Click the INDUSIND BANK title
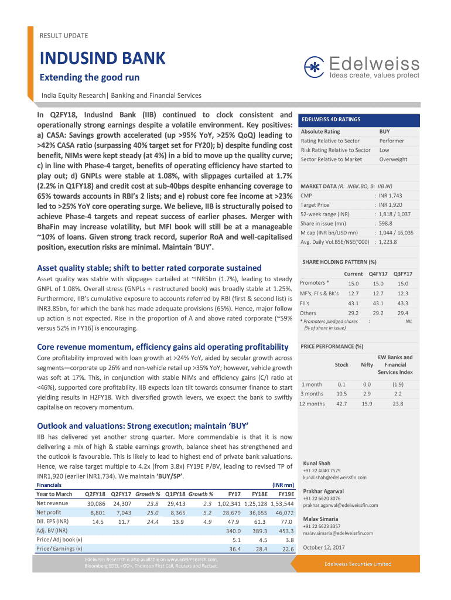click(102, 59)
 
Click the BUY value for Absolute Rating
click(384, 132)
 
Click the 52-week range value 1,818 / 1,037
click(394, 214)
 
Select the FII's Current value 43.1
click(353, 303)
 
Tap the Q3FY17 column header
click(402, 274)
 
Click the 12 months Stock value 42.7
click(341, 404)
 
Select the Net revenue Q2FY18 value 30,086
click(96, 503)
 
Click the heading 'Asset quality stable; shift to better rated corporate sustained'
click(149, 268)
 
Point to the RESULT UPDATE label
click(63, 36)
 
